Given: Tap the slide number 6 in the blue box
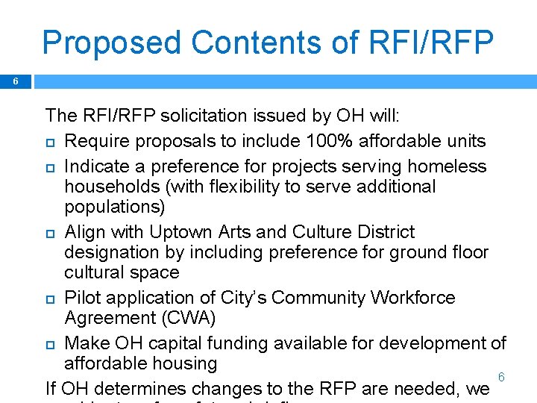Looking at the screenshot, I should point(15,81).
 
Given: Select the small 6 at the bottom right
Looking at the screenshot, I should point(501,378).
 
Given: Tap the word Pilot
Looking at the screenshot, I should point(84,298).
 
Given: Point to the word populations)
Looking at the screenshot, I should point(115,206).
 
